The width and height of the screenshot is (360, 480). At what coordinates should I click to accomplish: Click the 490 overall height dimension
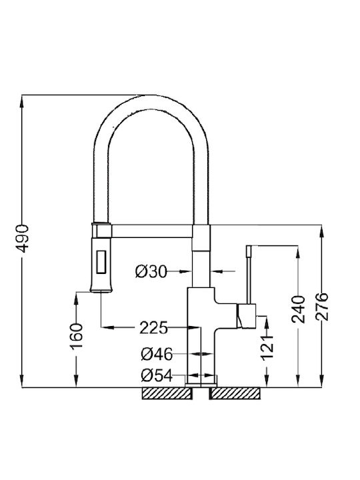coord(22,239)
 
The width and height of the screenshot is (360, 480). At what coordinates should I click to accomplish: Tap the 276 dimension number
coord(322,307)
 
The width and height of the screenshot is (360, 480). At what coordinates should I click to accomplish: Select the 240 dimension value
coord(298,309)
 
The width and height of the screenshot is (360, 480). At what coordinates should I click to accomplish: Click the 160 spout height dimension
coord(76,337)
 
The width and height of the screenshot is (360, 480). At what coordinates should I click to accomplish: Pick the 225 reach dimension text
coord(154,328)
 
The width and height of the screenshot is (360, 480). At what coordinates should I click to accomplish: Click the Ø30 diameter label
coord(151,271)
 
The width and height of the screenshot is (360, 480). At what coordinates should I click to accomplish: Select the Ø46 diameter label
coord(157,354)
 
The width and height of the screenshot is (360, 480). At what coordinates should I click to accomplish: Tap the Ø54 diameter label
coord(157,375)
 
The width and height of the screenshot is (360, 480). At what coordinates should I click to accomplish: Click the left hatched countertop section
coord(167,393)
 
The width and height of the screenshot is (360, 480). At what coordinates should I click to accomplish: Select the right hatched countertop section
coord(235,393)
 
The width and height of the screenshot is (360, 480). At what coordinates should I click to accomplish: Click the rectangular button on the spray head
coord(101,262)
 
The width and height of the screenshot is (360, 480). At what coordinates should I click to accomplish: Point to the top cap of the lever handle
coord(249,251)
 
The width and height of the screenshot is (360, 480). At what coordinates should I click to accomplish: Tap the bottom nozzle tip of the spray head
coord(101,291)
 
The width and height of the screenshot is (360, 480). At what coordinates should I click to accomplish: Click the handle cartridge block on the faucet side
coord(246,316)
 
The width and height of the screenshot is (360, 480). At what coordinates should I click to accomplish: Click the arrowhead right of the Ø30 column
coord(217,271)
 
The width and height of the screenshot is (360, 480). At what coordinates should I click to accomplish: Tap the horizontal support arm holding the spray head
coord(152,231)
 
